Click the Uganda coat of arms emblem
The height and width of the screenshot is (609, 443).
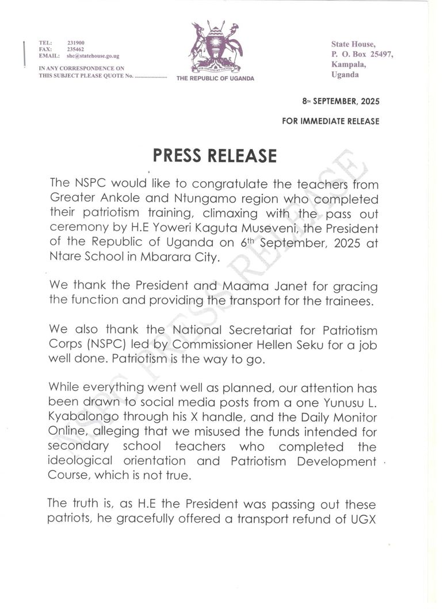tap(216, 47)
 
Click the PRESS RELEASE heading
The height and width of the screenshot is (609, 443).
tap(215, 156)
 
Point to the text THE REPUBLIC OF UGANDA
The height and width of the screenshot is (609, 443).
tap(215, 78)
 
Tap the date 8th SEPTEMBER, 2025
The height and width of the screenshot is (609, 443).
tap(341, 101)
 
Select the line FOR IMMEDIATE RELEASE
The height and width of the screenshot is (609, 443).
tap(331, 121)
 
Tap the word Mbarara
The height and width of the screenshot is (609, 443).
tap(163, 258)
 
